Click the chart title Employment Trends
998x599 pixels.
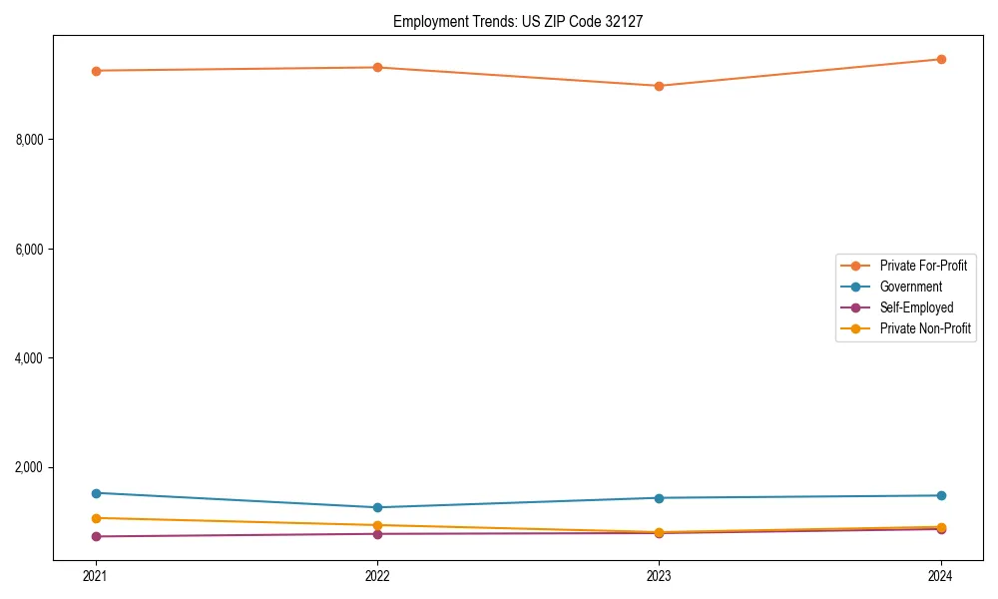pos(525,21)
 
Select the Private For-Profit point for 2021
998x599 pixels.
pos(96,71)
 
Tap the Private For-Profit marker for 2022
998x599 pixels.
pos(377,67)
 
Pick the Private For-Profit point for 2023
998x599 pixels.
pos(659,86)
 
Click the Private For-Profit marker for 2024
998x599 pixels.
pos(940,59)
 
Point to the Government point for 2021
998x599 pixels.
pos(96,493)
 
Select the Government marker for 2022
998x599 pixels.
pos(377,507)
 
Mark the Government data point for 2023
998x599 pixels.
pos(659,498)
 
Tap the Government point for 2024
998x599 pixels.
pos(940,495)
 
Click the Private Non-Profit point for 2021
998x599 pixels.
pos(96,518)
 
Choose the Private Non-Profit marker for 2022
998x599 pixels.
pos(377,525)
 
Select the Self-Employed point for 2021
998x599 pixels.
pos(96,536)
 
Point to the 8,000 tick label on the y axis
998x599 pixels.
pos(30,140)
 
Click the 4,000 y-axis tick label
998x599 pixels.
pos(30,358)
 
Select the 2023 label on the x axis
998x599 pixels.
pos(659,575)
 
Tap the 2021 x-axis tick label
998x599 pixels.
pos(96,575)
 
